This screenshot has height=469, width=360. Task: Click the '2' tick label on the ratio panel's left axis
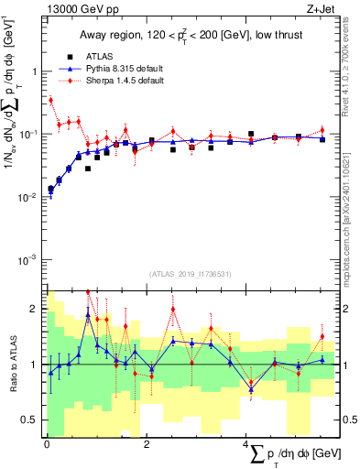click(35, 308)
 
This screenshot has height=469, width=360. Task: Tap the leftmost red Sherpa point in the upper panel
click(50, 100)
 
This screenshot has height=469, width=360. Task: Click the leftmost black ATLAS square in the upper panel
click(50, 189)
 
